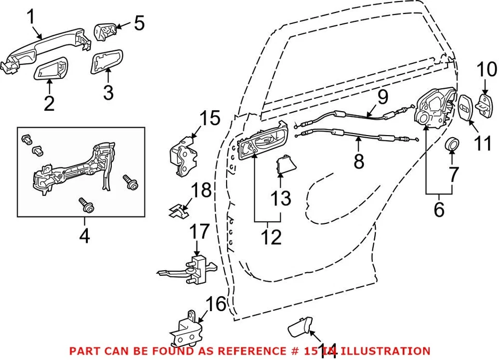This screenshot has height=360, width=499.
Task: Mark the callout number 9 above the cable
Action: [382, 96]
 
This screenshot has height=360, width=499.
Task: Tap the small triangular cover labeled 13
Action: [283, 165]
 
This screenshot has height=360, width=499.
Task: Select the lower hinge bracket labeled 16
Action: [186, 327]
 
